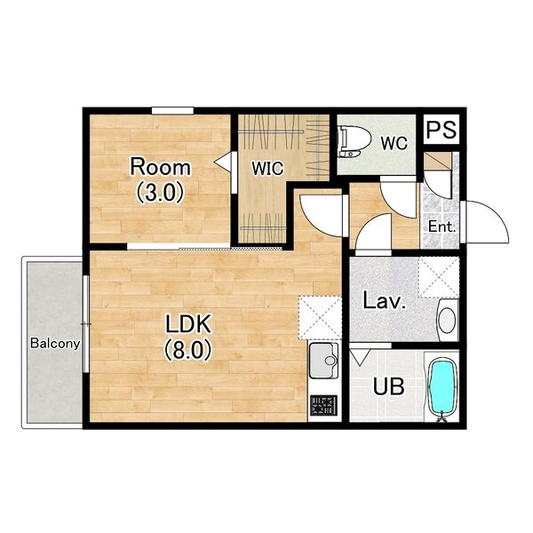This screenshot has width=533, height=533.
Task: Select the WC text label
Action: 394,143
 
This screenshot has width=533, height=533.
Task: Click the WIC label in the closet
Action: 267,168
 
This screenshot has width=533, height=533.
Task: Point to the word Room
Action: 161,167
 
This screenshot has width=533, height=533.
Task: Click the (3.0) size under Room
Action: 160,193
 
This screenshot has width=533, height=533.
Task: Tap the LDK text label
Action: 188,323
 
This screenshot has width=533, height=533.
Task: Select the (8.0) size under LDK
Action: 188,350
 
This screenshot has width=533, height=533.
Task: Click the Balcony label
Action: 55,344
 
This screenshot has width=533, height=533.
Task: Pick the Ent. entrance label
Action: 442,227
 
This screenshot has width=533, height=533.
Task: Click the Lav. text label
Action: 385,300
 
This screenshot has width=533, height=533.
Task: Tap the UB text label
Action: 389,386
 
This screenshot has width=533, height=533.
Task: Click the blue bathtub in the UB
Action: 442,388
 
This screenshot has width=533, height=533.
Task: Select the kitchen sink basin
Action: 323,361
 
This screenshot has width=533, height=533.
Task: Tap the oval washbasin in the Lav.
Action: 448,320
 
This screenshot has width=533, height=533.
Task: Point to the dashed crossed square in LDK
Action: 320,318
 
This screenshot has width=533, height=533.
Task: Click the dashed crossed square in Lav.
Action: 439,277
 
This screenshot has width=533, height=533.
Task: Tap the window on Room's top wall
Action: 172,111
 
